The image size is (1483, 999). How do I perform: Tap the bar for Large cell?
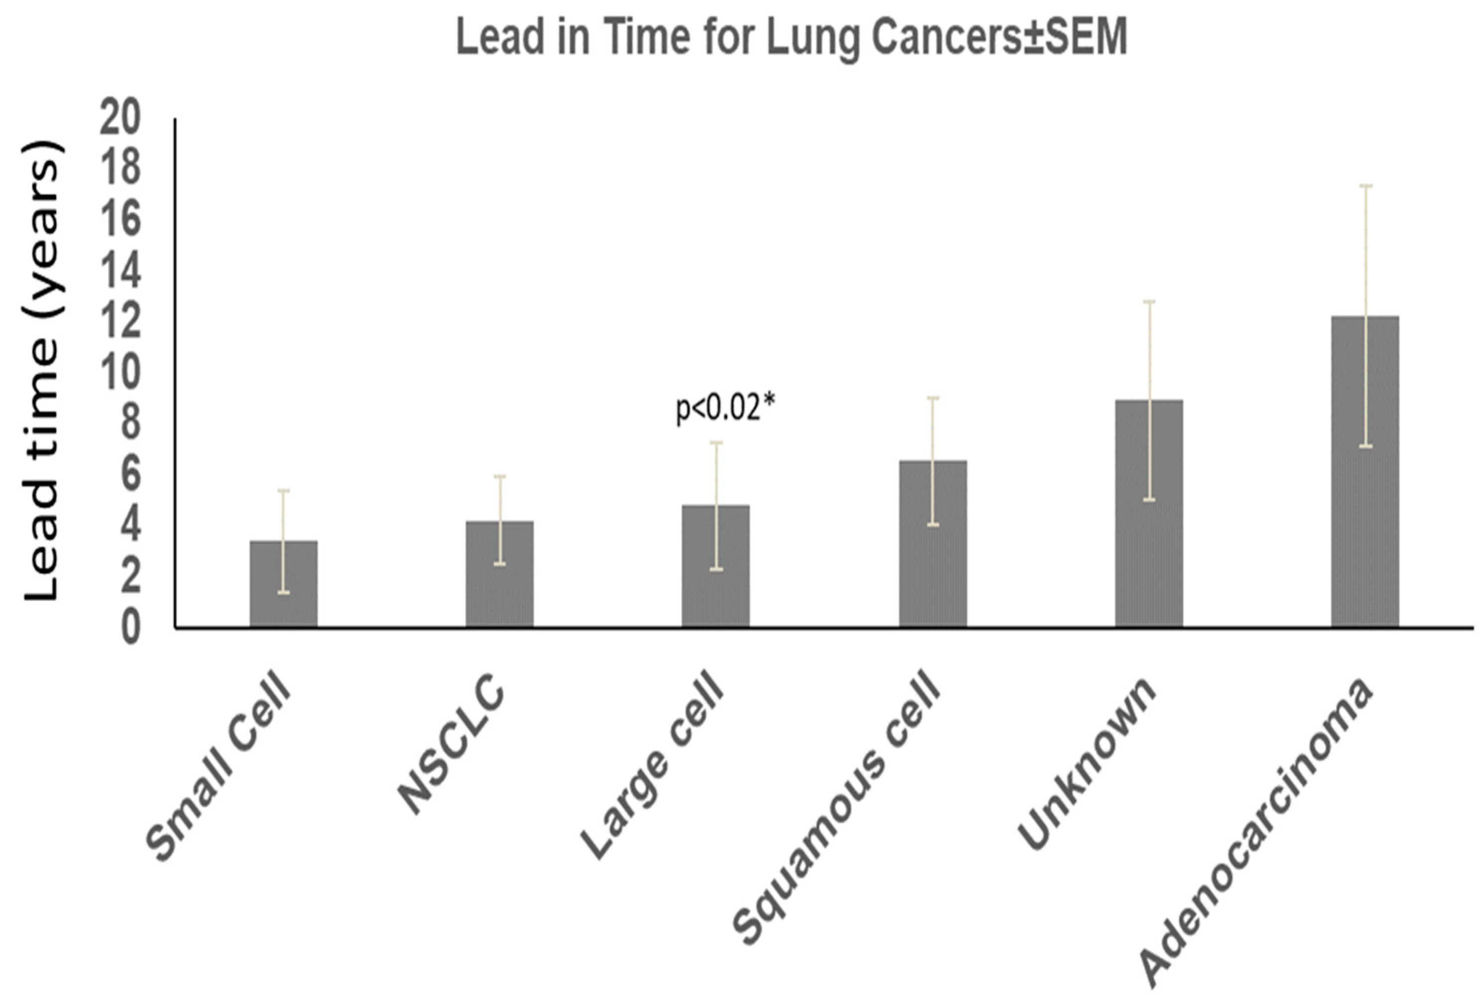click(x=715, y=567)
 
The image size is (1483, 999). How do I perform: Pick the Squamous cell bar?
click(x=933, y=545)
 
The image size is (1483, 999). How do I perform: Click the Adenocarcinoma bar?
click(x=1365, y=472)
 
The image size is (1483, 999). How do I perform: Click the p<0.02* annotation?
click(x=725, y=408)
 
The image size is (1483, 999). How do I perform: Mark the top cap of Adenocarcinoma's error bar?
click(x=1365, y=186)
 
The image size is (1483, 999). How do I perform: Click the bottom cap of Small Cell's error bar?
click(x=284, y=593)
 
